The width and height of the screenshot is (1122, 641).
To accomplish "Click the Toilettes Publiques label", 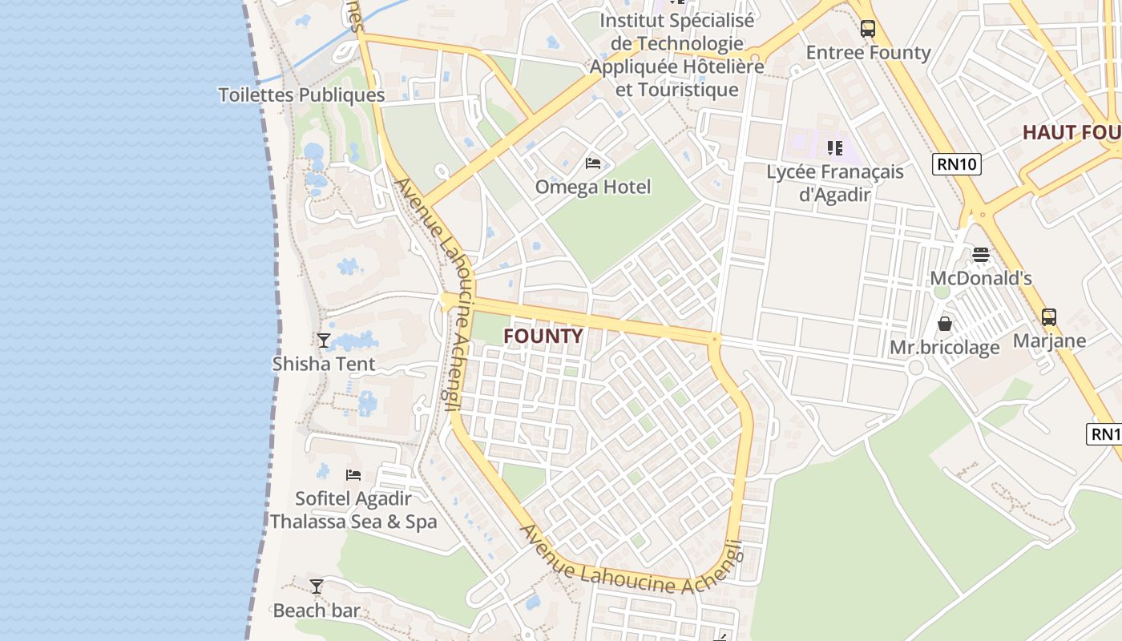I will (302, 95).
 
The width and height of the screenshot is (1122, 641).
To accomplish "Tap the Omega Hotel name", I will (593, 187).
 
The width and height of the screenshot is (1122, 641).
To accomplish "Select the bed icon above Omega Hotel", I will (593, 163).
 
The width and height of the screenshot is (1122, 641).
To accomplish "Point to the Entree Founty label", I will (868, 53).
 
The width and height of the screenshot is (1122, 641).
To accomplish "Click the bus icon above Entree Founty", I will (868, 29).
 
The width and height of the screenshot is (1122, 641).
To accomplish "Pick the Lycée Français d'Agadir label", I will (835, 183).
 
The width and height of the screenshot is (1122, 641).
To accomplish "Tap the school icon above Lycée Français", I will (835, 148).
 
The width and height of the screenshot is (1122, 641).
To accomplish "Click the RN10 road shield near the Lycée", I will (958, 164).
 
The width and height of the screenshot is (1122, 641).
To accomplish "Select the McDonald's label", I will (981, 279).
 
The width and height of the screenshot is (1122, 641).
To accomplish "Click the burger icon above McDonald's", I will (981, 255).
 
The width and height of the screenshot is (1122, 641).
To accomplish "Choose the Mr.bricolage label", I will (945, 348).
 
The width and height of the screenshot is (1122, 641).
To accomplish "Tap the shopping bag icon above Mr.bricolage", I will (945, 324).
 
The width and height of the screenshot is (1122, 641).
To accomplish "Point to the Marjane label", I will (1049, 341).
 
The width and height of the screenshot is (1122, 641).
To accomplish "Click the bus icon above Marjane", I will (1049, 316).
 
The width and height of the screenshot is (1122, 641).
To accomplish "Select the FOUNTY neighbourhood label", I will (543, 337).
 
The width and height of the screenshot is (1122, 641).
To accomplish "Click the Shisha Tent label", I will (324, 364).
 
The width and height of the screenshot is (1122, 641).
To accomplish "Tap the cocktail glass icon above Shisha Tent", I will (324, 341).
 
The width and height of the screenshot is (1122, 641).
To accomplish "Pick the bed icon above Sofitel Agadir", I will (353, 475).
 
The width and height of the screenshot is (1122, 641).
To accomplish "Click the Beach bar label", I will (317, 611).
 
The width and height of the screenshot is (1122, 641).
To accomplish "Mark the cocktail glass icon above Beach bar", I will (317, 587).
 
